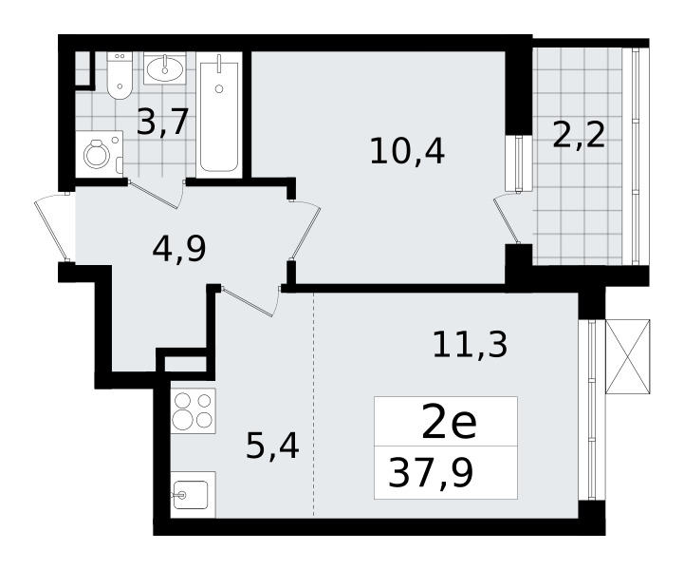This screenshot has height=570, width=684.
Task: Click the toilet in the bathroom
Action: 120,76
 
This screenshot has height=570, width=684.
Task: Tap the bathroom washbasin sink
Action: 164,67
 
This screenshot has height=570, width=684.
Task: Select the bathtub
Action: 219,115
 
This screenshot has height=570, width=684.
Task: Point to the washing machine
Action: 100,154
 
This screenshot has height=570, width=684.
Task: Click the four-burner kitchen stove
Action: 194,410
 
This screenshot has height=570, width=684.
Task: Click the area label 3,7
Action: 162,122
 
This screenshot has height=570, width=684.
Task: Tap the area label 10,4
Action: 407,151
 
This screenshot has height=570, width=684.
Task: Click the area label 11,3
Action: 471,344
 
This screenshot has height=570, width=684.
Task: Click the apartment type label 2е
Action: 449,423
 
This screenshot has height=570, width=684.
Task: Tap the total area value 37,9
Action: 431,473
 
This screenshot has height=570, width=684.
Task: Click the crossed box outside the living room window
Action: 628,357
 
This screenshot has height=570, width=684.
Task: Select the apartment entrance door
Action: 52,228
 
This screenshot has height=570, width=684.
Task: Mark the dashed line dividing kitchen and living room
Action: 314,405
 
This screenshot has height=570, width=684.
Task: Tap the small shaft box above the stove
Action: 185,364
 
